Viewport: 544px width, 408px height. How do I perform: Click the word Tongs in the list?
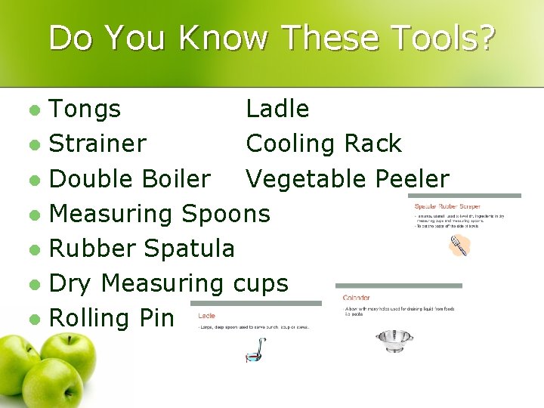click(85, 110)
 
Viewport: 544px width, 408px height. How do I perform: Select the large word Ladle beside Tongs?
click(277, 110)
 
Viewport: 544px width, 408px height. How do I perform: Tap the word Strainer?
click(97, 144)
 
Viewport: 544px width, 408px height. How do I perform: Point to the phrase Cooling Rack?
click(323, 144)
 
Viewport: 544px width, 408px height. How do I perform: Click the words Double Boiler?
click(129, 179)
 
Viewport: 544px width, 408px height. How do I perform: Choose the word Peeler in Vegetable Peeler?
click(412, 179)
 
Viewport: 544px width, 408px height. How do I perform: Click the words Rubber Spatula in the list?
click(141, 248)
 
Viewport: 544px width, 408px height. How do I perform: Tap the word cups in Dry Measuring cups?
click(261, 283)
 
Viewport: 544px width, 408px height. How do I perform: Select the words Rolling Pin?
click(111, 318)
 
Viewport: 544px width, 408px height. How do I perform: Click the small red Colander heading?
click(356, 298)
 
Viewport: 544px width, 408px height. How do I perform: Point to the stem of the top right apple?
click(66, 333)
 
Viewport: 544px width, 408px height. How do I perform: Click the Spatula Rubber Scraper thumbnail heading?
click(447, 206)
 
